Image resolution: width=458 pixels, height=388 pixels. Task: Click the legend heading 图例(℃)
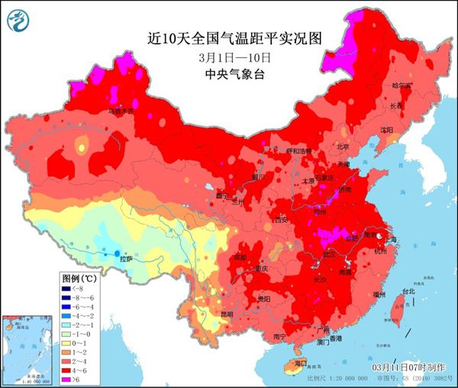coord(76,279)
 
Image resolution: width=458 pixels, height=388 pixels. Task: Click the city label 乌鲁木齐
coord(120,112)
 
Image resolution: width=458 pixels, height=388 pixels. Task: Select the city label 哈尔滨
coord(402,86)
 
